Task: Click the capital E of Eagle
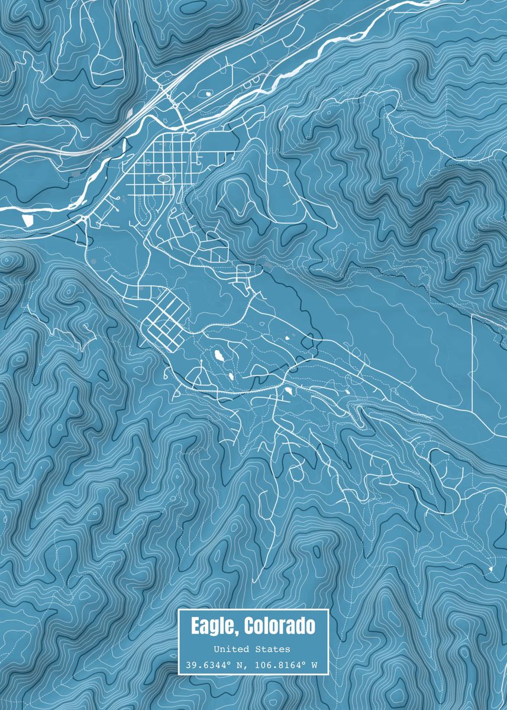click(195, 625)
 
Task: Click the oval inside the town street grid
click(164, 177)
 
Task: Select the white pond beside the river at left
click(28, 220)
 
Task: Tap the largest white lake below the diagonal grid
click(219, 356)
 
